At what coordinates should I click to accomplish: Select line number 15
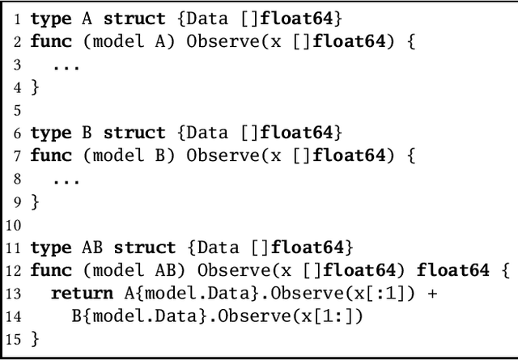[x=13, y=338]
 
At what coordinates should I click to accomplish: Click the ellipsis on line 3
[x=66, y=65]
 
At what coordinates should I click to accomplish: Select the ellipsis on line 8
[x=66, y=180]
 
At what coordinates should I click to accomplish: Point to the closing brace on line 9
[x=34, y=201]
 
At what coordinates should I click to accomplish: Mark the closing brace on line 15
[x=34, y=338]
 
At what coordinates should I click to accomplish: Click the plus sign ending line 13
[x=431, y=293]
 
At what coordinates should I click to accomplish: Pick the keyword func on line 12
[x=50, y=269]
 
